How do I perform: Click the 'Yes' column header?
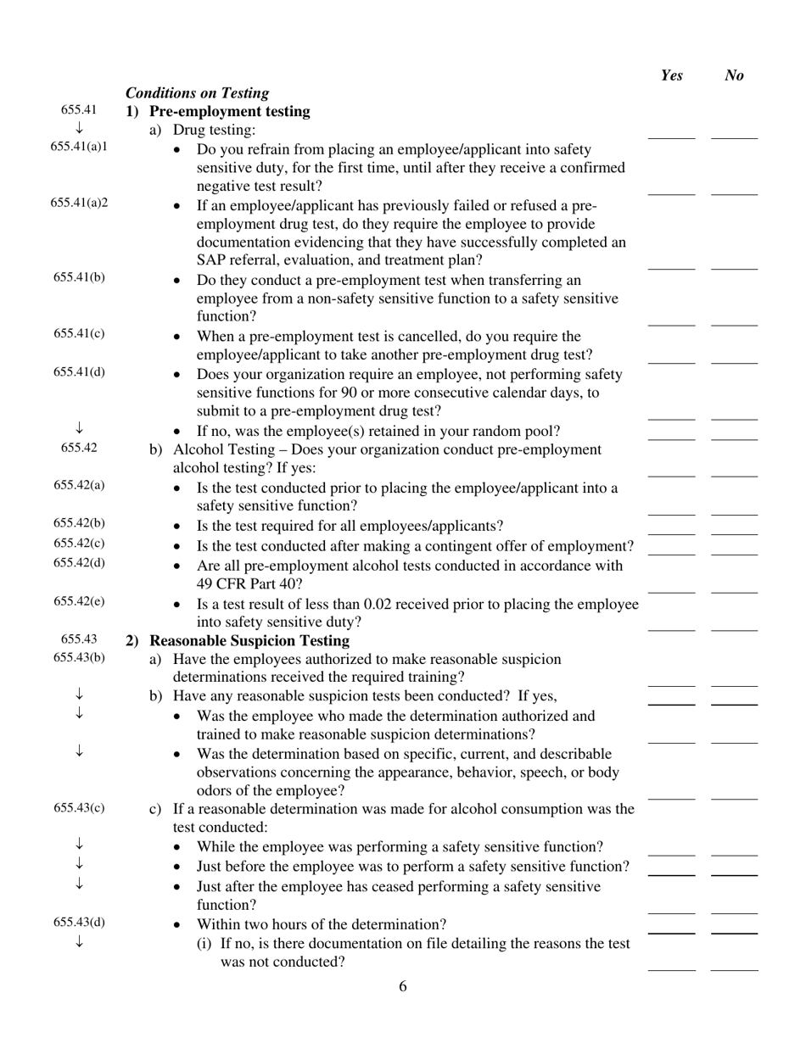point(671,75)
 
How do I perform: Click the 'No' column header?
point(735,75)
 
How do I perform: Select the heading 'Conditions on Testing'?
point(197,92)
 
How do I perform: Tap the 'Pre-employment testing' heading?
point(229,111)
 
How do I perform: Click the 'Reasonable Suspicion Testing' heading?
point(249,640)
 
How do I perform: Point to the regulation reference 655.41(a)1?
point(79,146)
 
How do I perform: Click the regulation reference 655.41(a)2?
point(79,203)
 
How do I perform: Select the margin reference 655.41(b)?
point(79,277)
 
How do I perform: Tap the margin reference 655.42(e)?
point(79,601)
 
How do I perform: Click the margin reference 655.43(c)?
point(79,806)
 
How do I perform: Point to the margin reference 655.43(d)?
point(79,922)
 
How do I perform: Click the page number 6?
point(402,986)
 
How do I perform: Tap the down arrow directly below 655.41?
point(79,128)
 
